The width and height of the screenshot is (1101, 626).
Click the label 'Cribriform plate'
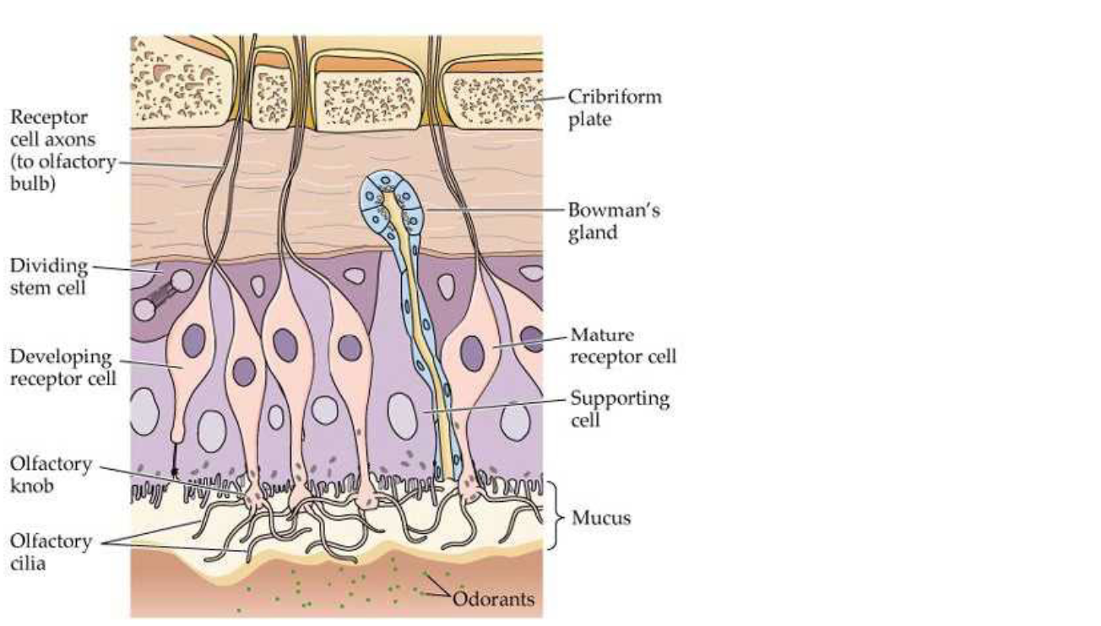[x=614, y=107]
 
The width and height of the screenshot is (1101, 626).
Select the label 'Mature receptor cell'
[x=623, y=345]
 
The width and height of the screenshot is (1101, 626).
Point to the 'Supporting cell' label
[x=619, y=407]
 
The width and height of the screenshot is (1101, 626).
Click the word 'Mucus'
[x=601, y=517]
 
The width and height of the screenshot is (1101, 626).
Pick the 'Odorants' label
[x=494, y=599]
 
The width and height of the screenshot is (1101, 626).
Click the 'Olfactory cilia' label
[x=51, y=552]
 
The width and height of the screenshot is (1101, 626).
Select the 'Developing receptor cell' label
[x=61, y=367]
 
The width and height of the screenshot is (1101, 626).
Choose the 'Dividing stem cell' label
[x=49, y=277]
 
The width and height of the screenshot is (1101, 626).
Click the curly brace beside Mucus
[x=554, y=515]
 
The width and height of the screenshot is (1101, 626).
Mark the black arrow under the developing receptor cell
[x=176, y=465]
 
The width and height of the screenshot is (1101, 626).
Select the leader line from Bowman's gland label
[x=498, y=208]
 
